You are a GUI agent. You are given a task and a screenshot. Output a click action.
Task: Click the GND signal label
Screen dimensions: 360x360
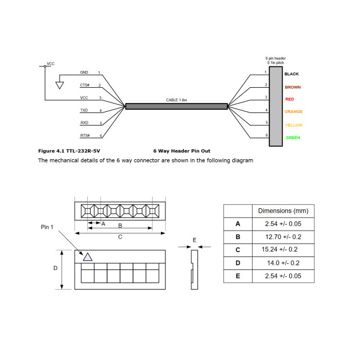(84, 73)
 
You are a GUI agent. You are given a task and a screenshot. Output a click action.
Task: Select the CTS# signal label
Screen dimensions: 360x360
(84, 85)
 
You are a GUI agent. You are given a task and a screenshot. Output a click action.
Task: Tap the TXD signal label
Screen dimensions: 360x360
(84, 110)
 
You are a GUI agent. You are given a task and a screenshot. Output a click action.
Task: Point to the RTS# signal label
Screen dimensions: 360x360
(84, 136)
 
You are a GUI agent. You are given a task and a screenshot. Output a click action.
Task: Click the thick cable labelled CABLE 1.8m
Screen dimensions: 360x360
(176, 106)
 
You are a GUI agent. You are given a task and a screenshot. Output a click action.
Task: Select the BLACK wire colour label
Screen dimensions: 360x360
(291, 74)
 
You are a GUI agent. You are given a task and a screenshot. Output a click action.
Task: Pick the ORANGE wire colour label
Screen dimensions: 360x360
(293, 112)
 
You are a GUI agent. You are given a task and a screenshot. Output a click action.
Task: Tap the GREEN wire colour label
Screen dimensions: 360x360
(292, 138)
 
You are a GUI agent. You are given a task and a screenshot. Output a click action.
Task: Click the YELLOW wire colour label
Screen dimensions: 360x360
(293, 125)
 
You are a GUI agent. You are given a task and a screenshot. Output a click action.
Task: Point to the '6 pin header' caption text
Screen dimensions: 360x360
(275, 58)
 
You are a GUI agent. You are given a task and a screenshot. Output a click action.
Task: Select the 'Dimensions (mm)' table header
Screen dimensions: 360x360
(283, 211)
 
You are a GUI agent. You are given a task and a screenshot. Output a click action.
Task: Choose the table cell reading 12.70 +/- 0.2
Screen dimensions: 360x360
(283, 237)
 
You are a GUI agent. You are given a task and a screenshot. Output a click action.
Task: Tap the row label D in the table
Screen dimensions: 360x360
(237, 263)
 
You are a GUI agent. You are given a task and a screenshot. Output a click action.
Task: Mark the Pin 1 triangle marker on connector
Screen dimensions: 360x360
(87, 256)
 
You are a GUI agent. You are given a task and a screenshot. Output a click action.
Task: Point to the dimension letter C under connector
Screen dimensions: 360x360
(120, 237)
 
